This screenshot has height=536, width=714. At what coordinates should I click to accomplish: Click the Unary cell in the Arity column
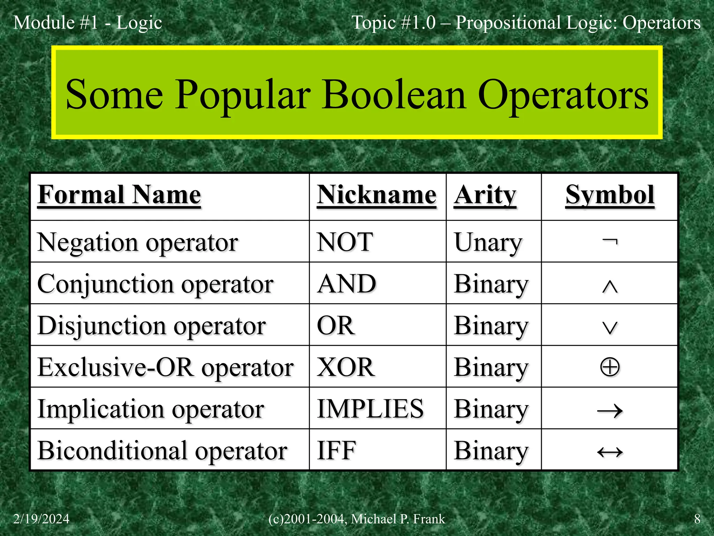click(x=488, y=242)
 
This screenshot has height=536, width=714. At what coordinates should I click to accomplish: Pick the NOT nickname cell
click(x=345, y=242)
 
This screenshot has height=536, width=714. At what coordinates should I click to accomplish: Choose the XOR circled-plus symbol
click(x=610, y=367)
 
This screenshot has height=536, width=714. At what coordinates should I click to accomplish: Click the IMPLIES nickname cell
click(x=370, y=409)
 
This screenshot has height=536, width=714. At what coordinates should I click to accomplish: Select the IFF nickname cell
click(x=336, y=451)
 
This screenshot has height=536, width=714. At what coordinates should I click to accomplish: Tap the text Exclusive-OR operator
click(x=166, y=367)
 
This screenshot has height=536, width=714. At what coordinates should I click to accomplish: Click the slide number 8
click(x=697, y=519)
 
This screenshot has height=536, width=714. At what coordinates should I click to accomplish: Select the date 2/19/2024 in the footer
click(x=41, y=519)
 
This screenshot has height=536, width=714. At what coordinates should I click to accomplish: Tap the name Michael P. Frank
click(x=398, y=519)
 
